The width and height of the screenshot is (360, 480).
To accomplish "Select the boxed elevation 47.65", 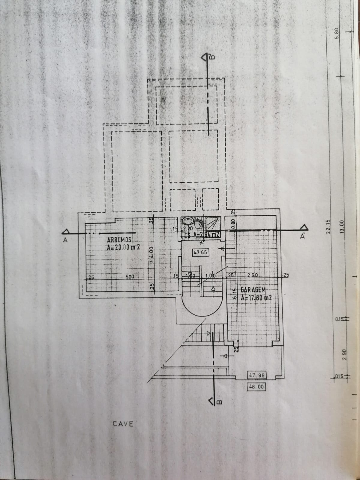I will coord(200,252).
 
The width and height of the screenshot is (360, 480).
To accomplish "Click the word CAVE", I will coord(123,424).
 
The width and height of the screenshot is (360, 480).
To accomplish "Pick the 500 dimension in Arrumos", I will coord(130,277).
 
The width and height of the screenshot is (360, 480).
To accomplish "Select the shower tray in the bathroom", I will coord(213,224).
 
